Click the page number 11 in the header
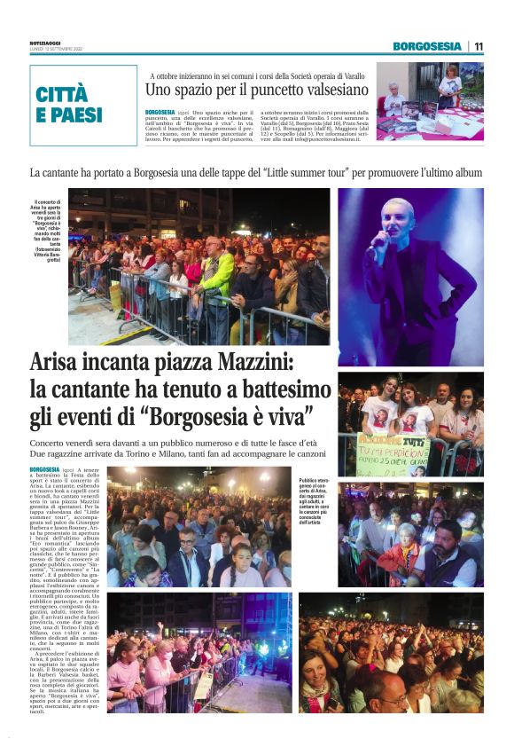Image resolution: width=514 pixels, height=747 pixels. (x=479, y=46)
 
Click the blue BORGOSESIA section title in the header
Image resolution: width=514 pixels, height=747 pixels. (x=428, y=46)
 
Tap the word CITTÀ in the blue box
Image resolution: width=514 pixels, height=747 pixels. (x=62, y=96)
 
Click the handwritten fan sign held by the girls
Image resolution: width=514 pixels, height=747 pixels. (x=392, y=454)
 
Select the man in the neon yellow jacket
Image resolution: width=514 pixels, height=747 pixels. (x=217, y=271)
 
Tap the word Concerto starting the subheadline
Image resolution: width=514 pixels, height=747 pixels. (x=52, y=441)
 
